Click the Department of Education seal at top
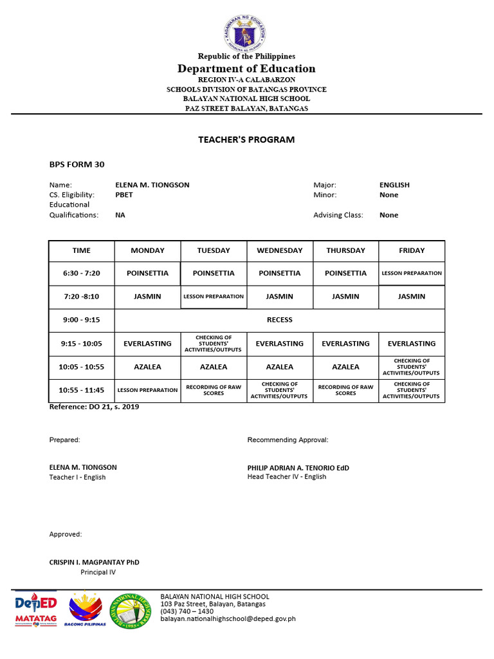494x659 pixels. [247, 29]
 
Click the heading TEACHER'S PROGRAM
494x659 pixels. [247, 140]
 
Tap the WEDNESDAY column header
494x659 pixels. [279, 250]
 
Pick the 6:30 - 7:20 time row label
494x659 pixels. [82, 273]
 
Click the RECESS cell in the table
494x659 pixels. [279, 320]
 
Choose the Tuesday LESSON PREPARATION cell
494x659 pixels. [214, 297]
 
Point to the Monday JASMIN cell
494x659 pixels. [147, 297]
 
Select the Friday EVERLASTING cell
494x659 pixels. [412, 344]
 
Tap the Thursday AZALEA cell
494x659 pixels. [345, 367]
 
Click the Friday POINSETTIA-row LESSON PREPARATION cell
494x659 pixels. [412, 273]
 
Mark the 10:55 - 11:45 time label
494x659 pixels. [82, 390]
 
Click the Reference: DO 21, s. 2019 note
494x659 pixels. [94, 407]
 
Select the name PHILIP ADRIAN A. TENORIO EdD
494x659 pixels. [298, 468]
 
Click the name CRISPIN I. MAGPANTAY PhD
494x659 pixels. [94, 562]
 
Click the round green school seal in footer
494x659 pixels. [133, 611]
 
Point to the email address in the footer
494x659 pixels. [228, 619]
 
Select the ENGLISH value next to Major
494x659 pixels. [394, 185]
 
